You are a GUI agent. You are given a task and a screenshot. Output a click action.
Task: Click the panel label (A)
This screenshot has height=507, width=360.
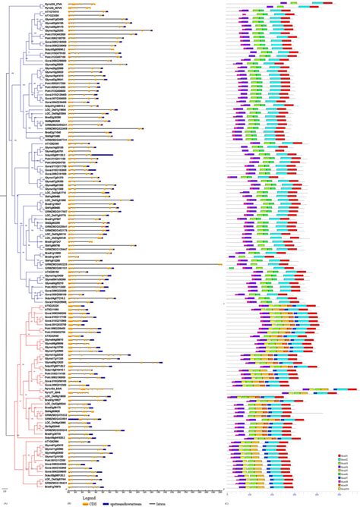click(x=5, y=503)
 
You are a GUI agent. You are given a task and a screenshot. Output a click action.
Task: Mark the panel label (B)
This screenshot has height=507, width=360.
click(x=70, y=503)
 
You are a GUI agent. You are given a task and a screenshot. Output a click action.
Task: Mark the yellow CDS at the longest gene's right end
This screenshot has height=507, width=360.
click(x=220, y=264)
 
